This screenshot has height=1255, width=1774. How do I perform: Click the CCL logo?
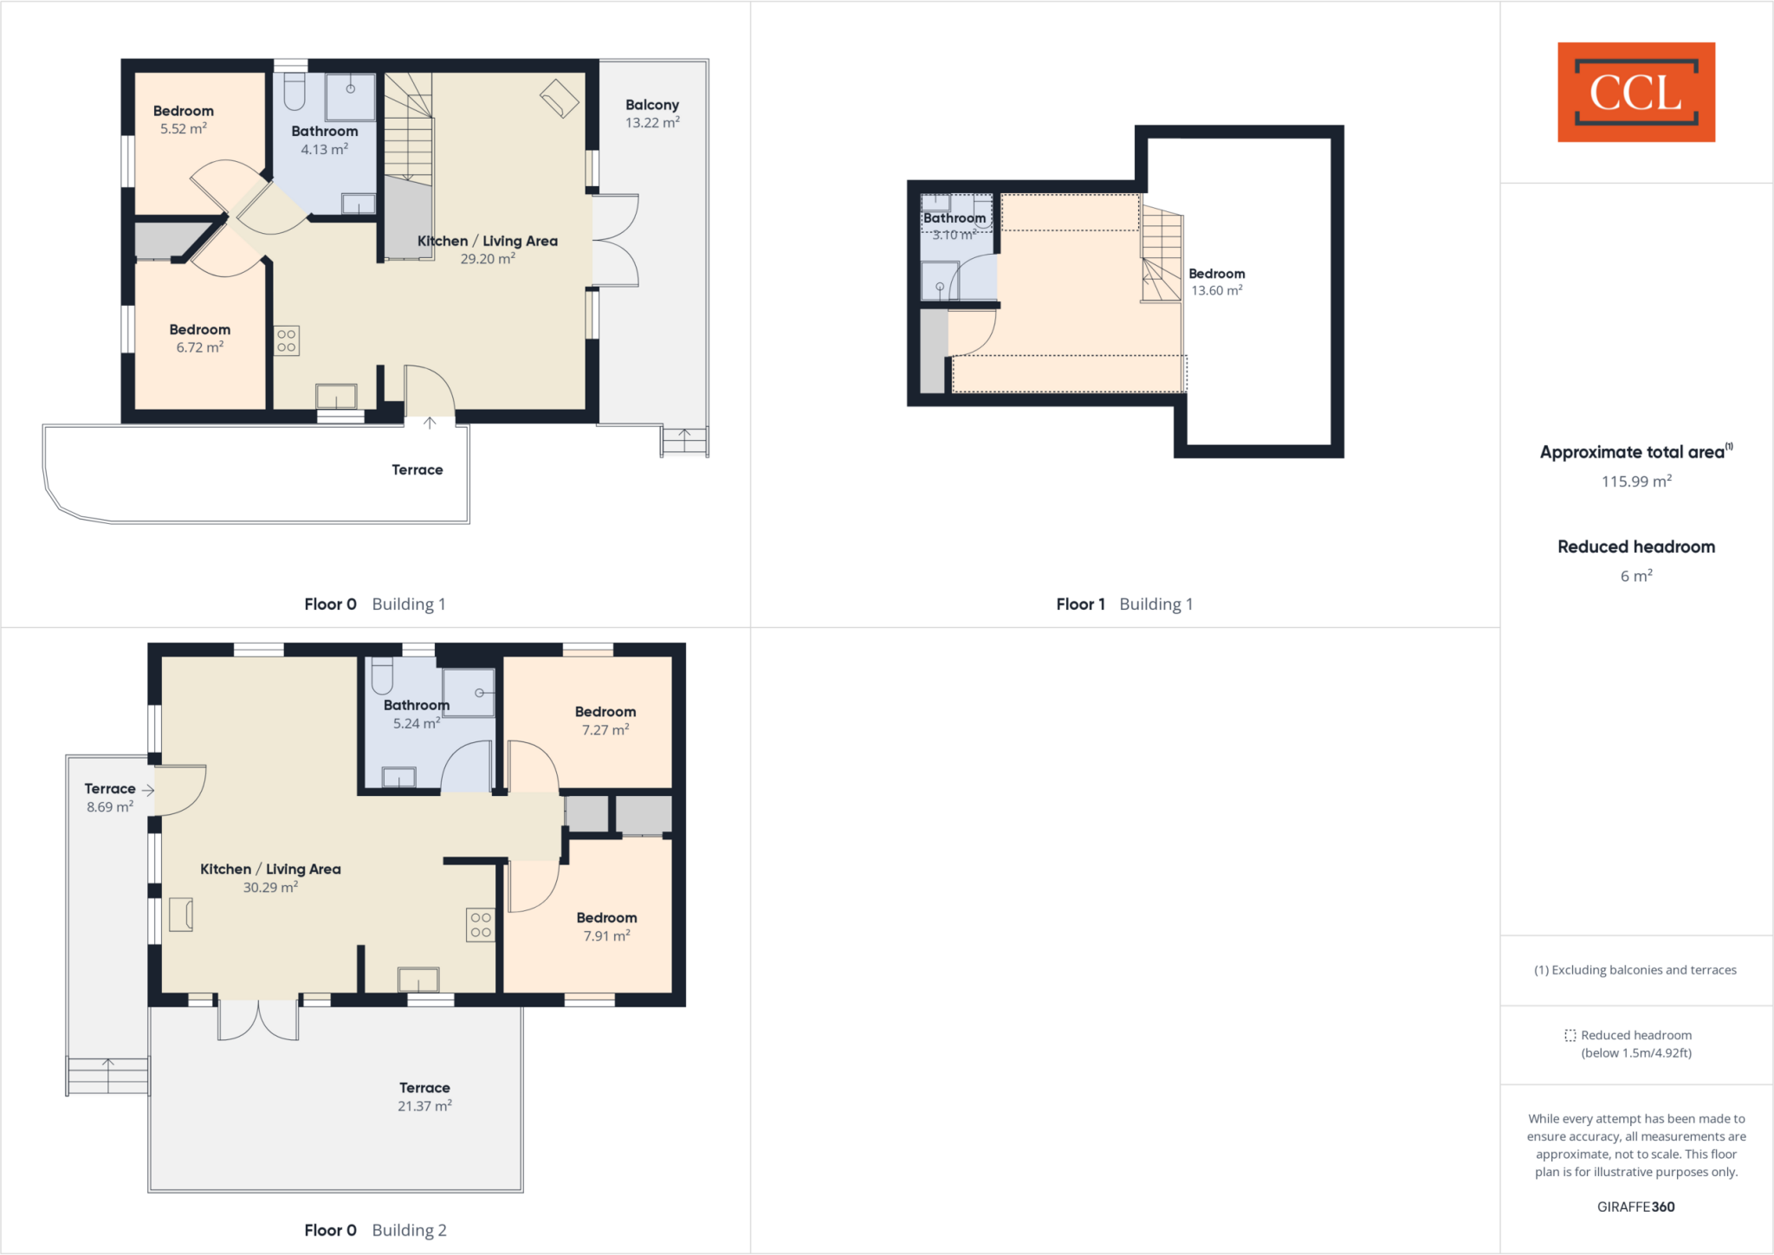tap(1635, 92)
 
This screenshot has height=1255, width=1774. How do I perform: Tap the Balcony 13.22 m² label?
tap(652, 113)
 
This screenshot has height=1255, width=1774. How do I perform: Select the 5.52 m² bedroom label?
tap(183, 120)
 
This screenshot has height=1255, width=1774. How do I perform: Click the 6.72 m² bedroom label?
tap(199, 338)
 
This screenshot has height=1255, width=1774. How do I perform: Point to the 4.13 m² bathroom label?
tap(324, 140)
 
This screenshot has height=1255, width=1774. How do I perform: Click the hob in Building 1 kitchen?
tap(287, 341)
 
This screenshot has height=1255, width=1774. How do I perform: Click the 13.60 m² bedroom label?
tap(1216, 281)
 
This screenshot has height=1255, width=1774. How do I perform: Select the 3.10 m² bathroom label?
tap(954, 226)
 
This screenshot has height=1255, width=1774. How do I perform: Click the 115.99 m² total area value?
tap(1635, 482)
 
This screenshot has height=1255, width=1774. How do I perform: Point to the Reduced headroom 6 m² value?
tap(1635, 576)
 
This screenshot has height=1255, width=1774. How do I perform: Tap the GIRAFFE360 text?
tap(1635, 1206)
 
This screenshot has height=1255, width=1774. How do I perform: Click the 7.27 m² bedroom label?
tap(605, 721)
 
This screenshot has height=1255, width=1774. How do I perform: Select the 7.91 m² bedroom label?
tap(606, 927)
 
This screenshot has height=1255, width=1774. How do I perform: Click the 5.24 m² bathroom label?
tap(416, 715)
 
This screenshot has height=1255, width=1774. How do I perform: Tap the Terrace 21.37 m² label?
tap(424, 1097)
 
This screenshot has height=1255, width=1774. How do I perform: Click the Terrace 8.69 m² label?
tap(110, 798)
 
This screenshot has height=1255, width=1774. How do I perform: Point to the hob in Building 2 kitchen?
tap(481, 925)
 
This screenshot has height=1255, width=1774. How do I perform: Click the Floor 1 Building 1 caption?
tap(1123, 605)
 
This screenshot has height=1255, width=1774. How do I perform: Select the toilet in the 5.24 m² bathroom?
tap(382, 676)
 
